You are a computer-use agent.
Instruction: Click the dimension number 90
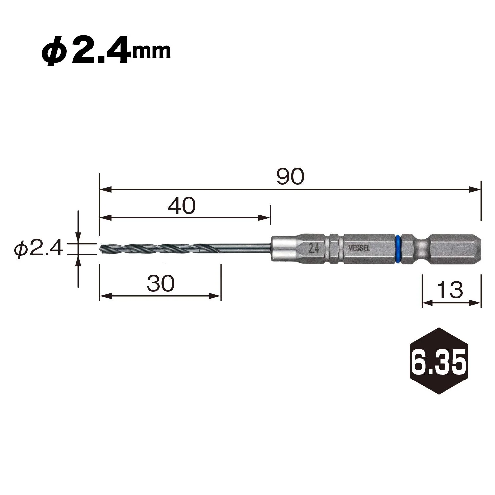pyautogui.click(x=290, y=177)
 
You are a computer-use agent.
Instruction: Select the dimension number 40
pyautogui.click(x=182, y=206)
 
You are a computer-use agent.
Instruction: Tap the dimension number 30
pyautogui.click(x=160, y=284)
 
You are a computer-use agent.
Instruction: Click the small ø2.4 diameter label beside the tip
pyautogui.click(x=38, y=248)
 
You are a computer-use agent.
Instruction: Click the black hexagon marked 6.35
pyautogui.click(x=438, y=361)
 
